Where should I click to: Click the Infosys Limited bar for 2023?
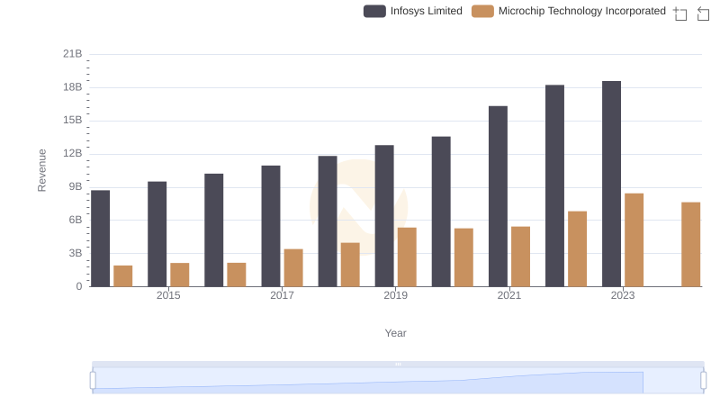[611, 184]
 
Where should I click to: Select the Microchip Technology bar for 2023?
[634, 239]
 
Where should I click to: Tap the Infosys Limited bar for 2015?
[157, 234]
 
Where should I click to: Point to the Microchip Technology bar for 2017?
[293, 267]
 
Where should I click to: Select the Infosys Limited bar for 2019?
[384, 216]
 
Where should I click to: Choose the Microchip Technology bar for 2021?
[520, 257]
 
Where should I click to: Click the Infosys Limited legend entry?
[413, 11]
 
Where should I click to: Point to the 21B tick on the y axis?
[73, 54]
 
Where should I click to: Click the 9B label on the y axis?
[73, 187]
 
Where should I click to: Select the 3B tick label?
[73, 254]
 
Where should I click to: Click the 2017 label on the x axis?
[282, 295]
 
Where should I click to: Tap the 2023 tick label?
[623, 295]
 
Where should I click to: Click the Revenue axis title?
[41, 170]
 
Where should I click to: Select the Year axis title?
[396, 333]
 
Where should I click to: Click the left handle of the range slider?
[93, 380]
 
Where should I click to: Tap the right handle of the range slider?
[703, 380]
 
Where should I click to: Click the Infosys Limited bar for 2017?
[271, 226]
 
